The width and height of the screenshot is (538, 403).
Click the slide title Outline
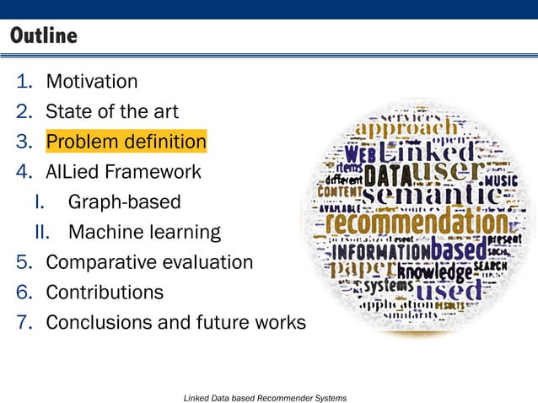click(x=43, y=36)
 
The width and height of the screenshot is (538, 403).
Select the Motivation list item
click(x=91, y=82)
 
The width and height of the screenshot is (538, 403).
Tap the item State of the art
click(x=111, y=110)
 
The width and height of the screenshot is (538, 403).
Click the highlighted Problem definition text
click(x=126, y=140)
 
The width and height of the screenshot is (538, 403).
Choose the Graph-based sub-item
click(x=124, y=202)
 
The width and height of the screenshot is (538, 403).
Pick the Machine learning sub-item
click(x=144, y=232)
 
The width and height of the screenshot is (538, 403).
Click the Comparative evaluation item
click(x=149, y=262)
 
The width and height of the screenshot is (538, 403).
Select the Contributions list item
click(x=105, y=293)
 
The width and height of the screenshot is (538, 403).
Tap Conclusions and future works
click(x=175, y=323)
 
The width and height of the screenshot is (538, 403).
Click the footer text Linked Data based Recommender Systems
click(x=265, y=396)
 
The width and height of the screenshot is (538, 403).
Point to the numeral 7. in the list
click(x=24, y=323)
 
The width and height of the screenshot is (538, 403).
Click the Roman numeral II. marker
click(x=44, y=232)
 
